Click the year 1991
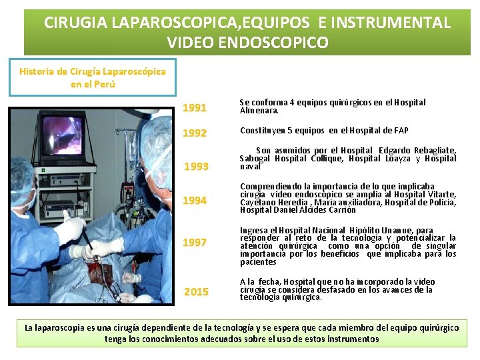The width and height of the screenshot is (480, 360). pos(195,108)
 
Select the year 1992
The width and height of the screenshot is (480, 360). pos(195,133)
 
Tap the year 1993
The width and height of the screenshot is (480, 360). pos(196,167)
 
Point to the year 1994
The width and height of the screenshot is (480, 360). pos(195,201)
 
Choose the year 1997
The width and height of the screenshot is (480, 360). pos(195,243)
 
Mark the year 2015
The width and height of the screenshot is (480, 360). pos(196,292)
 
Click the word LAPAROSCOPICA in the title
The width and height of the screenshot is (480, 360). pos(153,23)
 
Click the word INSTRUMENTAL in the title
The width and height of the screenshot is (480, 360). pos(385,23)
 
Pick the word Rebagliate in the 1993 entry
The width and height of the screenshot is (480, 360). pos(434,151)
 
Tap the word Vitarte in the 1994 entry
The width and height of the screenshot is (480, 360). pos(440,194)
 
